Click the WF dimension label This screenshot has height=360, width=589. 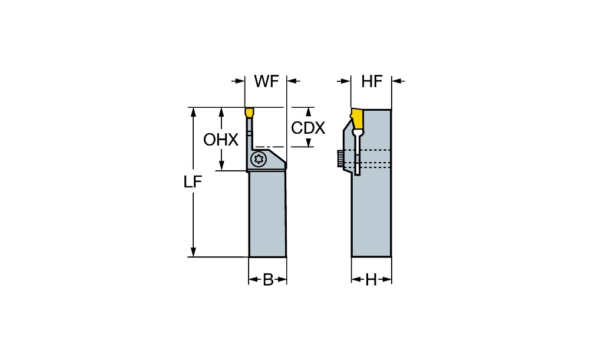pos(266,82)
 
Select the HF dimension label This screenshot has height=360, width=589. pos(372,82)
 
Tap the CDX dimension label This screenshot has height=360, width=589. pos(308,127)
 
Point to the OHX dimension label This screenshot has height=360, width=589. pos(221,140)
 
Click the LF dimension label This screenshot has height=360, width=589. pos(193,183)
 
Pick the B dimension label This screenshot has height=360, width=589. pos(267,280)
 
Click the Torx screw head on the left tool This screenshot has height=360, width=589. pos(258,158)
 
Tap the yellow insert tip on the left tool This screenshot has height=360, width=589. pos(249,111)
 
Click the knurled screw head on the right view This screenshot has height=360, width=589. pos(340,158)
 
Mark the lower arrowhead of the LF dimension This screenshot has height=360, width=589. pos(193,253)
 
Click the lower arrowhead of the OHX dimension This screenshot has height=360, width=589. pos(221,167)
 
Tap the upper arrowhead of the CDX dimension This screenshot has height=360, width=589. pos(308,111)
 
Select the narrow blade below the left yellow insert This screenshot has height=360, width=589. pos(250,133)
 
